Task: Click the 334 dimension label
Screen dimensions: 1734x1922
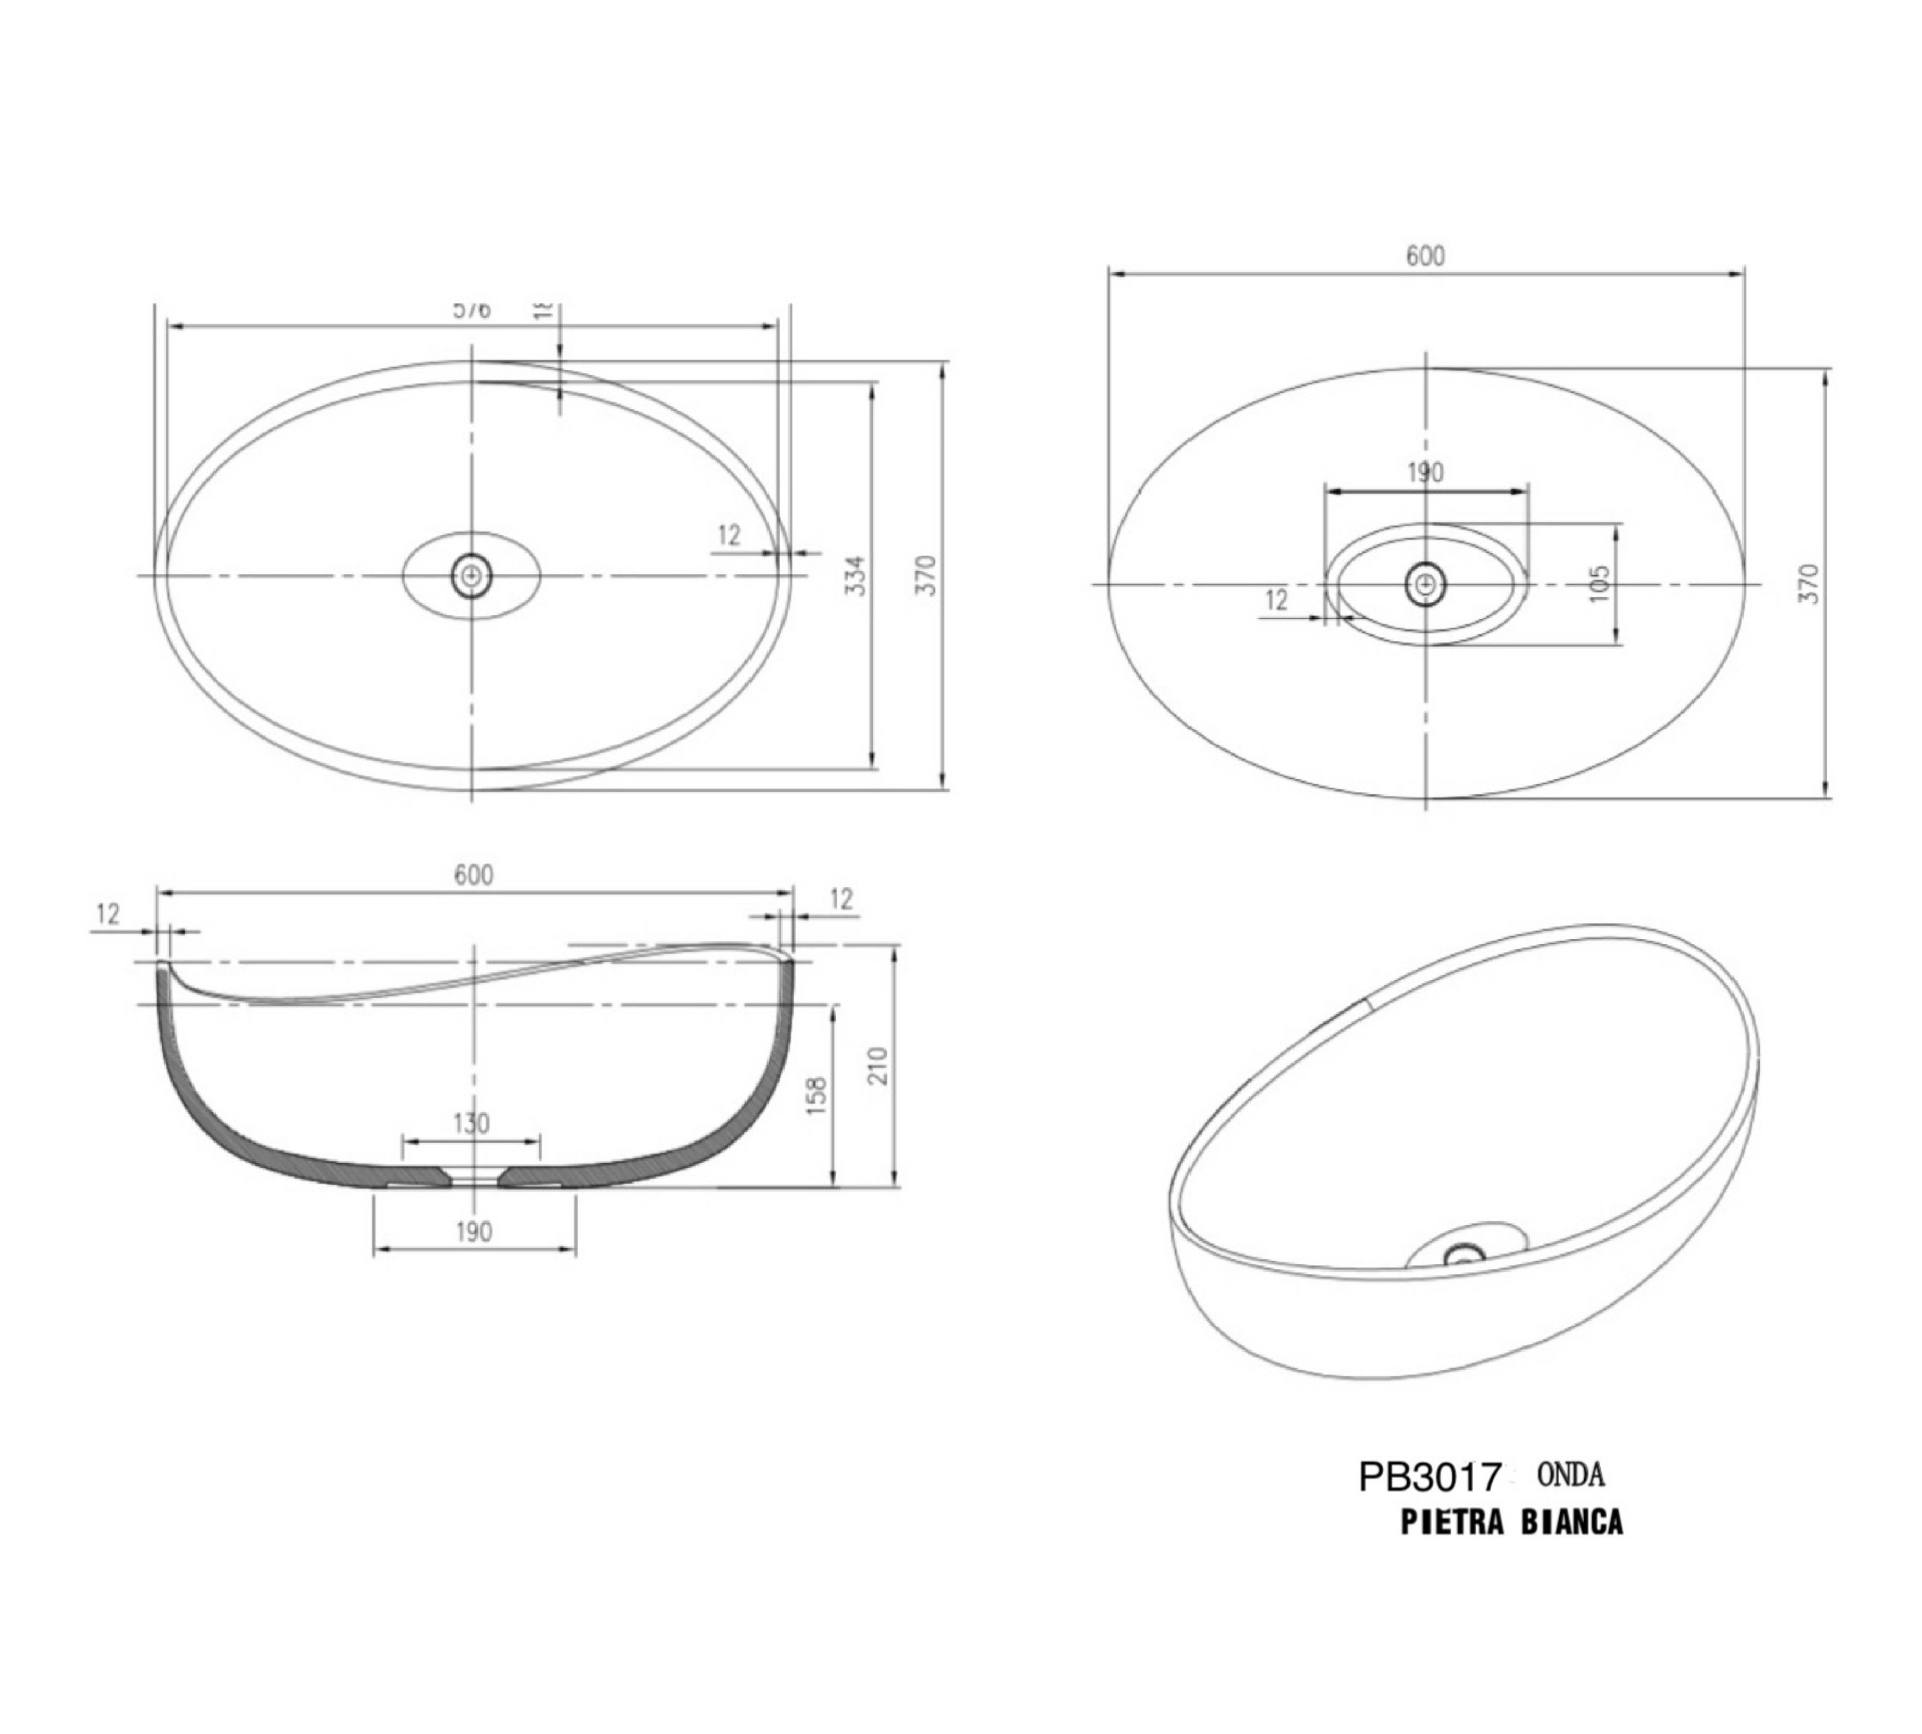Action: click(856, 576)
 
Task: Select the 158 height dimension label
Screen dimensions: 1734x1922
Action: click(817, 1096)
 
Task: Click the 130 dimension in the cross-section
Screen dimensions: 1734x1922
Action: click(471, 1124)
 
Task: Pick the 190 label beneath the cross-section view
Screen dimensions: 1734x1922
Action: click(473, 1232)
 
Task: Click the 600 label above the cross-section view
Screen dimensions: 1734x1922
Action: click(473, 876)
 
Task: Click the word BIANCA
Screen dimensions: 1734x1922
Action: click(1571, 1523)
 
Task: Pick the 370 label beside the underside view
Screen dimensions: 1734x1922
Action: click(1810, 583)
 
